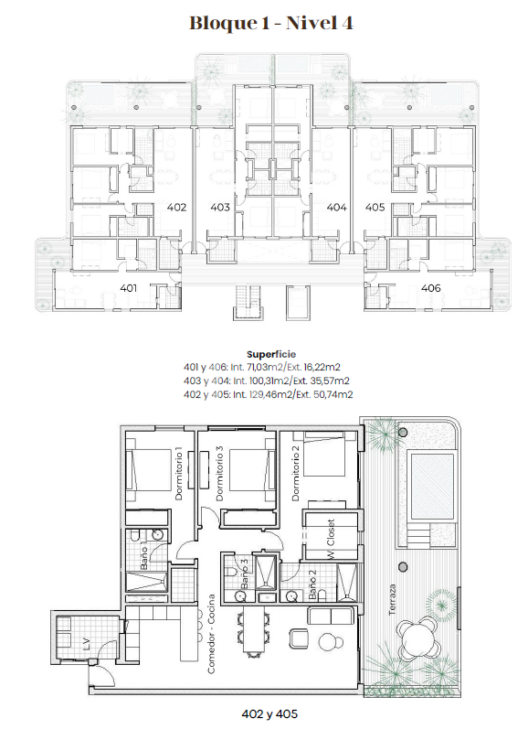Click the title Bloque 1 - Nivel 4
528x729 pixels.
point(270,23)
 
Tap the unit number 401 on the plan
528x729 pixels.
point(128,288)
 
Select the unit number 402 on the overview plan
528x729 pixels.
point(177,207)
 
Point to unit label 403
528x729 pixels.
point(220,207)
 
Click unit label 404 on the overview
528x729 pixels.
point(337,207)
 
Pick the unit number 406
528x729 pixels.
point(430,288)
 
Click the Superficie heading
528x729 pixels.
point(271,354)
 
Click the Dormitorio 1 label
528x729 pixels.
point(179,474)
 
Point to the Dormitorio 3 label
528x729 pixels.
point(219,474)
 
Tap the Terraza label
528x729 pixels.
point(393,600)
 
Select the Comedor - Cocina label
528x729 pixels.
point(211,634)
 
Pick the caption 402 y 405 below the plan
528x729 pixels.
point(269,713)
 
